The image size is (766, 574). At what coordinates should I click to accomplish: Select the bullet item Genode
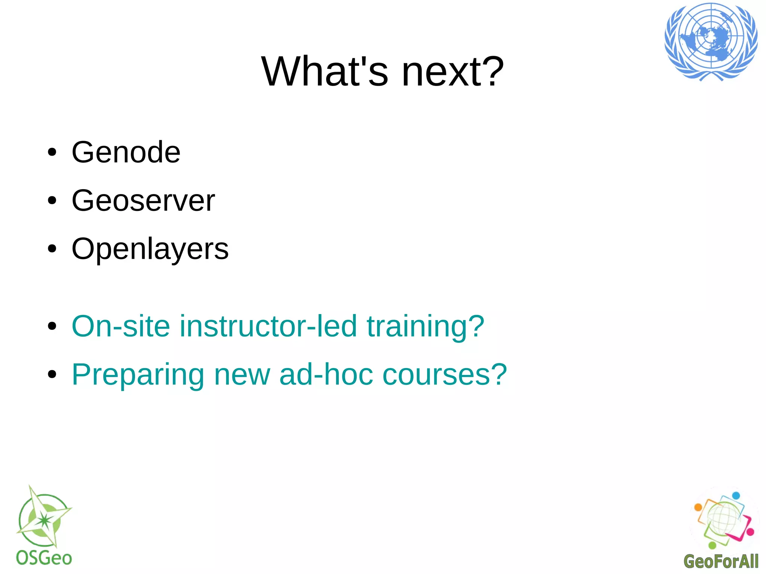click(126, 152)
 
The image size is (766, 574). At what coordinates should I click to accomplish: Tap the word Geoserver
click(143, 200)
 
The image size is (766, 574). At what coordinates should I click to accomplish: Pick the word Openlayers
click(150, 249)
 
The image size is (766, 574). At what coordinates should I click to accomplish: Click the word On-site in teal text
click(121, 326)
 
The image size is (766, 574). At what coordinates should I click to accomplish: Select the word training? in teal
click(425, 326)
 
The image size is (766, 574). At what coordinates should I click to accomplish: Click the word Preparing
click(138, 374)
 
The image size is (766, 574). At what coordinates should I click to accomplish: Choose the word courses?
click(445, 374)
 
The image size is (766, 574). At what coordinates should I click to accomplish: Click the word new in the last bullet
click(242, 374)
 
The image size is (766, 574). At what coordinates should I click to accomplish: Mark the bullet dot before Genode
click(52, 153)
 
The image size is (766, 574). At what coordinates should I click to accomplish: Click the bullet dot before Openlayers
click(52, 249)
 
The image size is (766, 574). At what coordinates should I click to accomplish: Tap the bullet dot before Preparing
click(52, 374)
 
